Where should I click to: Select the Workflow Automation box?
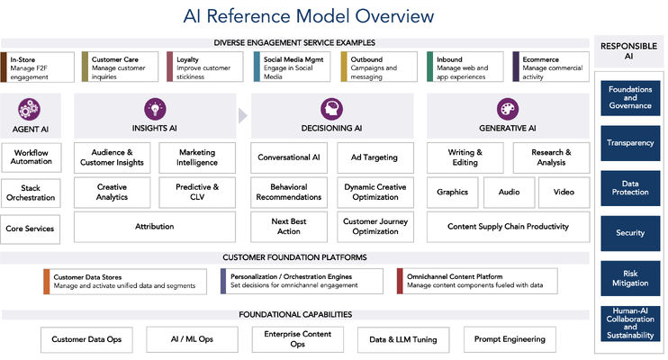32,157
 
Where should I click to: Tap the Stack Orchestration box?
32,193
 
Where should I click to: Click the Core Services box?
32,228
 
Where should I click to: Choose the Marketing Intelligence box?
197,157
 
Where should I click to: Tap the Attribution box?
154,227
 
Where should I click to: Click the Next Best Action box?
289,227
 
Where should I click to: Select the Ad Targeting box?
374,157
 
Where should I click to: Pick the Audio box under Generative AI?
509,192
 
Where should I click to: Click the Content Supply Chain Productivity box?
507,227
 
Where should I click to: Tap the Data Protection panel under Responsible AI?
630,187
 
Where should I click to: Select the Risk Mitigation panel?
630,277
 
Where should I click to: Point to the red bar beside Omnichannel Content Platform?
400,282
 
